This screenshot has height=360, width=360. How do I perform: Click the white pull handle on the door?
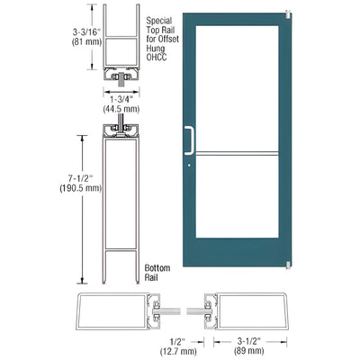click(190, 139)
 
